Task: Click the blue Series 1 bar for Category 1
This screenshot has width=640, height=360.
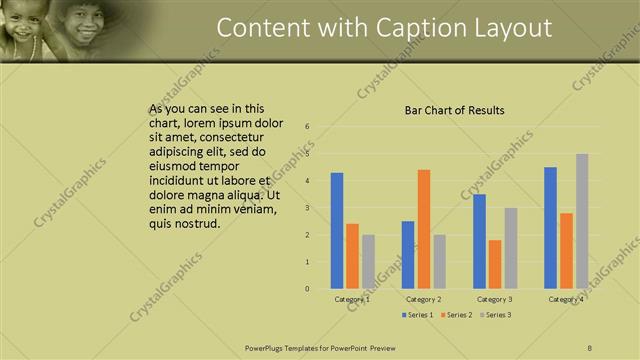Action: coord(337,230)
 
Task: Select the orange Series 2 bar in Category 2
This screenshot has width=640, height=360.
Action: coord(424,229)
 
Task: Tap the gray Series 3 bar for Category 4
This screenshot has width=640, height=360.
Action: coord(582,221)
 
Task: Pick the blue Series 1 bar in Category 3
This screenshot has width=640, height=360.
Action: coord(480,241)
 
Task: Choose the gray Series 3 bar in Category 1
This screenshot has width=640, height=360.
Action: coord(368,261)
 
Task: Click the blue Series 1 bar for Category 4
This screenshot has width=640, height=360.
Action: coord(551,227)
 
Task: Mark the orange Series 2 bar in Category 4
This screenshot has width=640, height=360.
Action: coord(566,250)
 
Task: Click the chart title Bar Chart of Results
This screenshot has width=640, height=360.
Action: coord(454,110)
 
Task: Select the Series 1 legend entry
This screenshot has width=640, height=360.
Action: coord(419,315)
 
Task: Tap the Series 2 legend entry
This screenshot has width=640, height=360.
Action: coord(456,315)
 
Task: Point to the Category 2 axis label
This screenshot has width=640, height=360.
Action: coord(424,299)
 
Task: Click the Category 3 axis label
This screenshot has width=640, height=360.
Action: coord(495,299)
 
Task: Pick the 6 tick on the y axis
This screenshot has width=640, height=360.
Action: coord(307,127)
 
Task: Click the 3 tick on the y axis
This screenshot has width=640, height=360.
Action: coord(307,208)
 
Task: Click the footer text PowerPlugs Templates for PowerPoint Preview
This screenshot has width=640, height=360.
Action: coord(319,347)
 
